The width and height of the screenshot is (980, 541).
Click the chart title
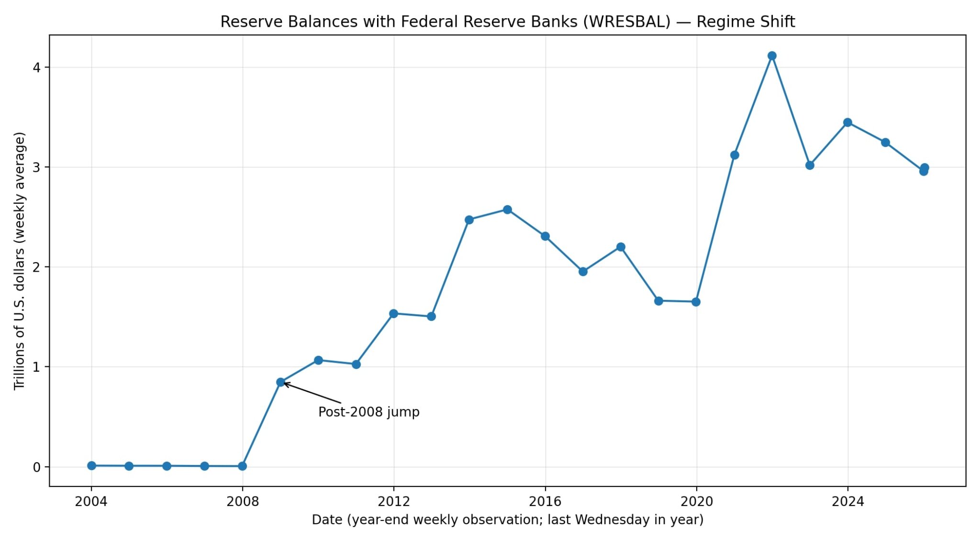click(507, 22)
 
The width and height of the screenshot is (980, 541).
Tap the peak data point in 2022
click(772, 56)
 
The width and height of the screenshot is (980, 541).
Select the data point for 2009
click(280, 382)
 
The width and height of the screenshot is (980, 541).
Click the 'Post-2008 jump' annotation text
click(368, 412)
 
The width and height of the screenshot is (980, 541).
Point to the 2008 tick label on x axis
click(243, 501)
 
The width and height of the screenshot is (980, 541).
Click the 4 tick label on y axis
click(36, 67)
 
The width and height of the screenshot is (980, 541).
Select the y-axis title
click(19, 261)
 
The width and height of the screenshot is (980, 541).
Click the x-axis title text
click(507, 520)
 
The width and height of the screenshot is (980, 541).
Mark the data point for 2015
click(507, 210)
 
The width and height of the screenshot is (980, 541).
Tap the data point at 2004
click(91, 465)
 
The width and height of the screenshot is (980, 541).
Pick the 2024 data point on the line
click(847, 122)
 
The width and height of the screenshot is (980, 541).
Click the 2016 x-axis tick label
click(545, 501)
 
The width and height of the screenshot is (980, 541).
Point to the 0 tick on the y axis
click(36, 467)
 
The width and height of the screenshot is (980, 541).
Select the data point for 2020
click(696, 302)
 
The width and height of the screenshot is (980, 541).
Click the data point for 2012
click(394, 314)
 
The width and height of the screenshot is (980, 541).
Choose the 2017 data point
click(583, 272)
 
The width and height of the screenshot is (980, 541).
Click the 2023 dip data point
click(810, 166)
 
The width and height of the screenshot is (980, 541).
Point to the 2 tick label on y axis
click(36, 267)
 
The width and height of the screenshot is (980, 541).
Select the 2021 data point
click(735, 155)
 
